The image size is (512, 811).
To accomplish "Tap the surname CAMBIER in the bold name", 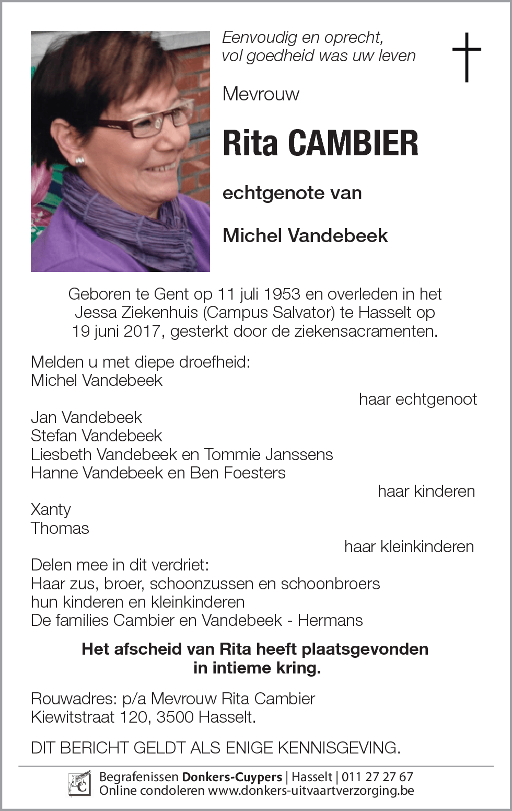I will point(353,143).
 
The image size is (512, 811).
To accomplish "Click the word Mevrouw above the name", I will point(261,94).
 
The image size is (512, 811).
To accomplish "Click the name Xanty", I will point(51,510).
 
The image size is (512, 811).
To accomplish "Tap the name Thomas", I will point(60,528).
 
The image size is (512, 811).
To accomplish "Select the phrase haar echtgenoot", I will point(418,399).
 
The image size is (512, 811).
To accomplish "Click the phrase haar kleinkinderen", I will point(409,547).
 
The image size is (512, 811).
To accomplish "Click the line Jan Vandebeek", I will point(86,417).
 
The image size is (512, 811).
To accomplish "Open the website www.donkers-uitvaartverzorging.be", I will point(311,791).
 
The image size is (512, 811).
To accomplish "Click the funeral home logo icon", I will point(80,784).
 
